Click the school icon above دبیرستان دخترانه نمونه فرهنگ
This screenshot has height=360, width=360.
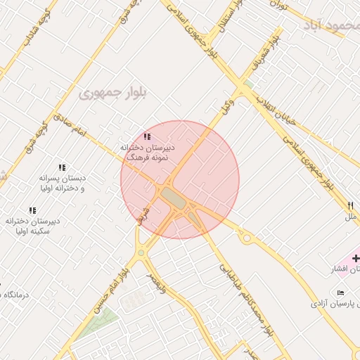pyautogui.click(x=147, y=136)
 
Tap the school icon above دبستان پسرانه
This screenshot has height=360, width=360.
pyautogui.click(x=62, y=167)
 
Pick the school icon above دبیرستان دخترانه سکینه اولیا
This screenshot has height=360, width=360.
pyautogui.click(x=32, y=210)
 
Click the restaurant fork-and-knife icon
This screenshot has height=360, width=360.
pyautogui.click(x=350, y=205)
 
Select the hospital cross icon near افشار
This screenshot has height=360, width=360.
pyautogui.click(x=356, y=258)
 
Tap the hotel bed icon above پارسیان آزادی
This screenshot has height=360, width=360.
pyautogui.click(x=341, y=292)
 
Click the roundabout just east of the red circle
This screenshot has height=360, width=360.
pyautogui.click(x=247, y=238)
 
